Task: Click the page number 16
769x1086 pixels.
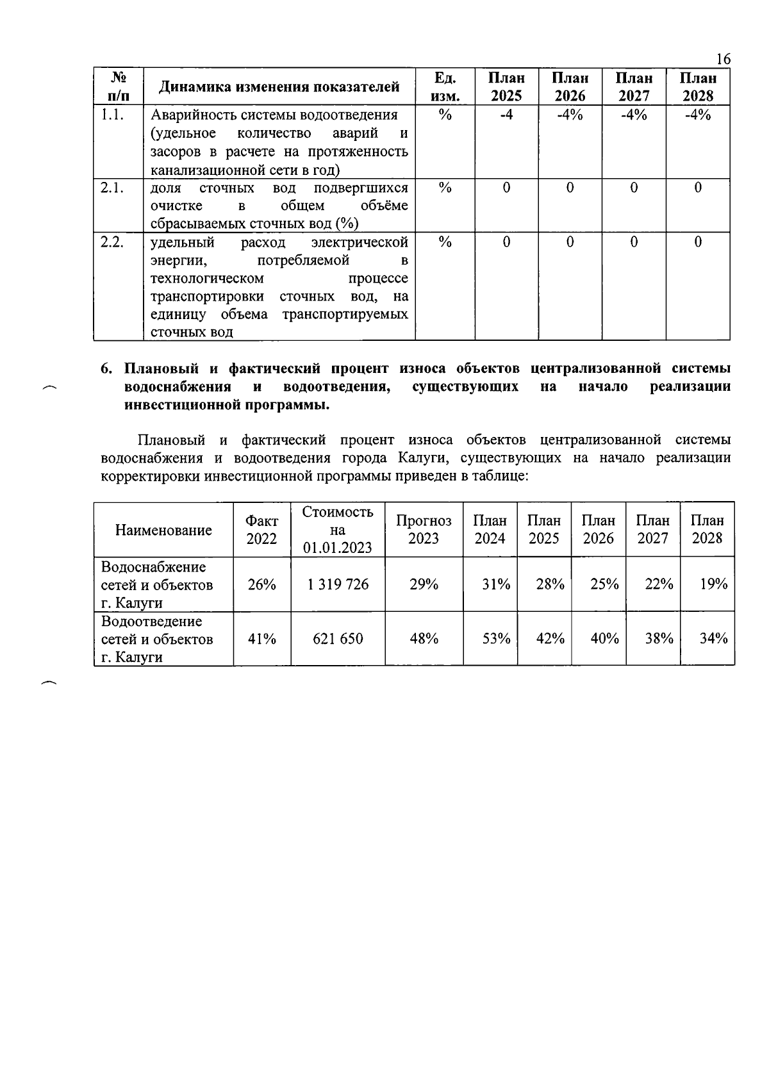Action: [722, 59]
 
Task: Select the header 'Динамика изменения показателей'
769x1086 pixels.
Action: [279, 86]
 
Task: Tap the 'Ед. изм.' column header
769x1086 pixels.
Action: [445, 86]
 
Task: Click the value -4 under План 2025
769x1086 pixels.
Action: [506, 115]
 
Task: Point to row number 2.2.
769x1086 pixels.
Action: [112, 242]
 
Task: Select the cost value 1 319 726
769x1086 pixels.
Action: [338, 584]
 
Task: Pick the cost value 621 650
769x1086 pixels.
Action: [338, 639]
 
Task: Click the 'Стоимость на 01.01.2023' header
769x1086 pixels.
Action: [338, 529]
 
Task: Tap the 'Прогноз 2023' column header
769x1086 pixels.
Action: [424, 529]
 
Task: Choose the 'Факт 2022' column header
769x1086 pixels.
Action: [261, 530]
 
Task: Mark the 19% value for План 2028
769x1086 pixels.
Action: [713, 584]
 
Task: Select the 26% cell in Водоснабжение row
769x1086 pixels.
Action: [261, 584]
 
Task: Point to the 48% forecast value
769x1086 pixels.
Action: [424, 639]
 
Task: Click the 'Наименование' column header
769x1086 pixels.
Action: [163, 530]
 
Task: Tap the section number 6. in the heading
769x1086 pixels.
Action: [107, 369]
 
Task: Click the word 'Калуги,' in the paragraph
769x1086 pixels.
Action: [424, 458]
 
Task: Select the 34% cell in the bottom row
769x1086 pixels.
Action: [713, 639]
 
